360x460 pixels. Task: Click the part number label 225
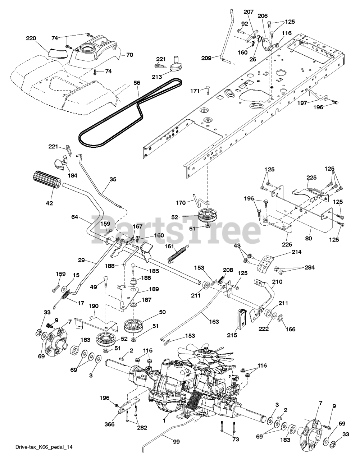click(x=311, y=178)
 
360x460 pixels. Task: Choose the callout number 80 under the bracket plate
click(x=309, y=238)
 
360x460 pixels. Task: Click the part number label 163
click(x=214, y=322)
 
